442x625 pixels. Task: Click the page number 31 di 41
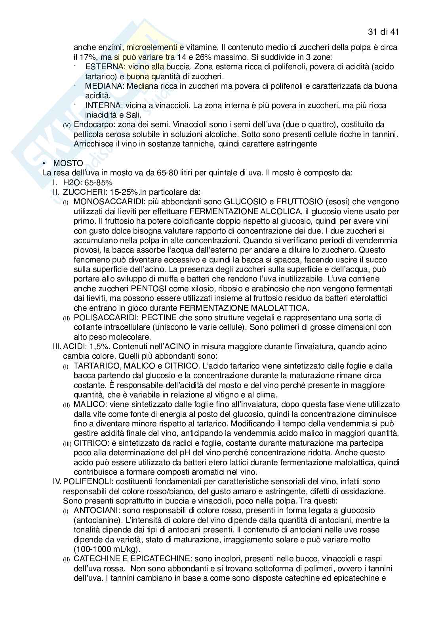(383, 32)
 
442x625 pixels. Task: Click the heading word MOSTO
(68, 163)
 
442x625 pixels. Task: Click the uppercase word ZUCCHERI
(82, 192)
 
